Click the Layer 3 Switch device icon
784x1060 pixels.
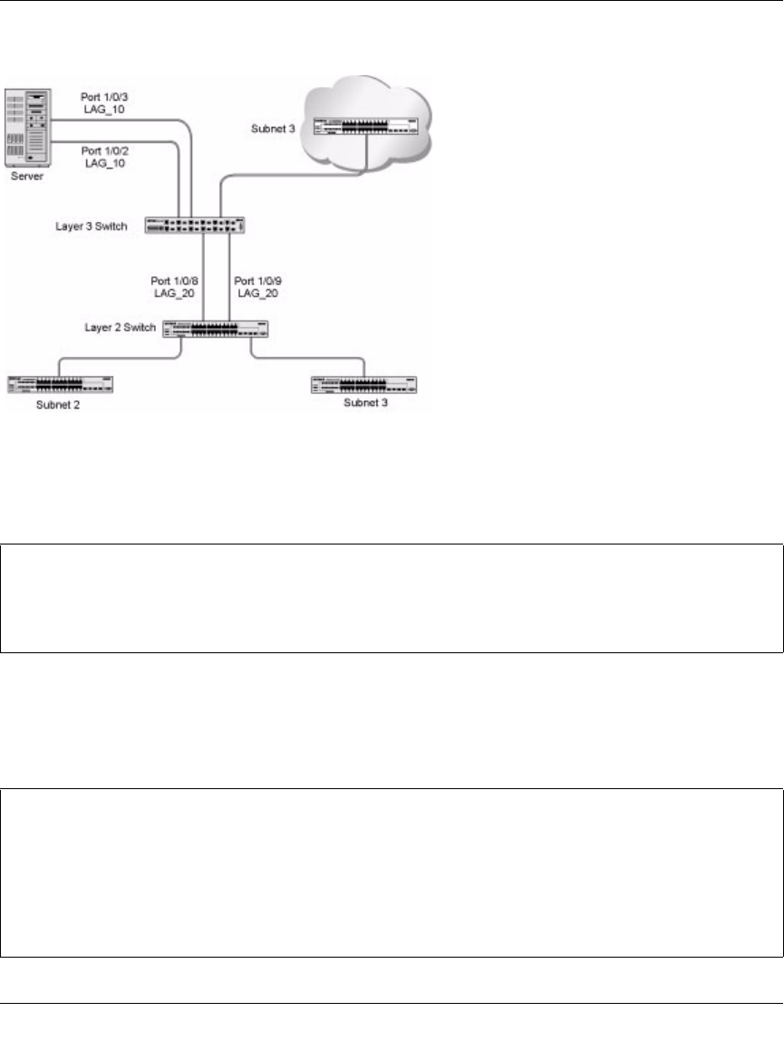click(x=195, y=226)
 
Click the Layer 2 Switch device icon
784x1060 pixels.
click(x=215, y=330)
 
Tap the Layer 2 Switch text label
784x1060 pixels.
click(x=124, y=324)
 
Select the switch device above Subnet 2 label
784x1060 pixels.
click(x=60, y=384)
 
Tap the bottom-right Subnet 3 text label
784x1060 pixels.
click(x=364, y=401)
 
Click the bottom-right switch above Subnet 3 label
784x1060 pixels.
click(x=363, y=384)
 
